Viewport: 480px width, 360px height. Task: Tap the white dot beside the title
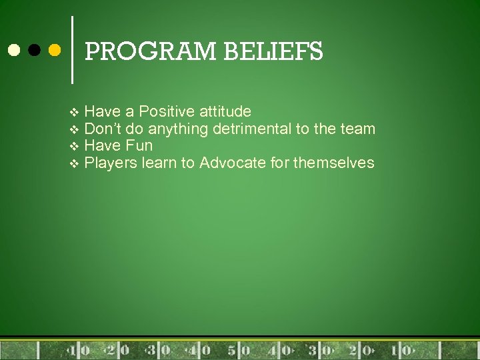coord(13,50)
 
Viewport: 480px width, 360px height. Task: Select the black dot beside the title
coord(34,50)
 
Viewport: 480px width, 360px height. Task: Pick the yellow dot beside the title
coord(55,50)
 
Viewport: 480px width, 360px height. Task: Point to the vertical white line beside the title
coord(72,50)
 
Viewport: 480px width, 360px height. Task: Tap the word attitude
coord(225,111)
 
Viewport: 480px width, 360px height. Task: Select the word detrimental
coord(251,128)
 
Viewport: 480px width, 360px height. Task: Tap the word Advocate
coord(234,163)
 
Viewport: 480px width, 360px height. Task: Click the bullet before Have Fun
coord(74,146)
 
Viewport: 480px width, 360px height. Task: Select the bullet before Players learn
coord(74,163)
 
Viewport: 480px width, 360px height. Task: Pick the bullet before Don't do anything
coord(74,129)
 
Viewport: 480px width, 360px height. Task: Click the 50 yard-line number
coord(239,350)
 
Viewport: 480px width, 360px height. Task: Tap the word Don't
coord(102,128)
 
